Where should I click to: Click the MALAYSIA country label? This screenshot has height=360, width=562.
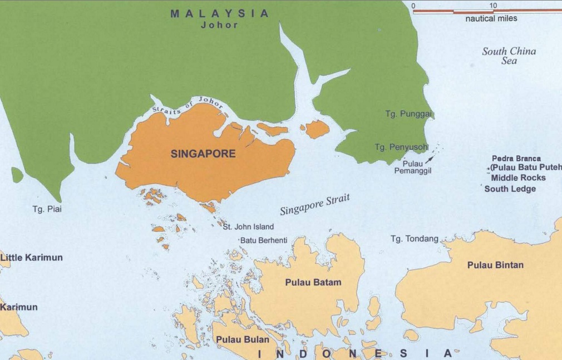[219, 13]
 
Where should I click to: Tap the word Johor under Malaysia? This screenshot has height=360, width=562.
[219, 25]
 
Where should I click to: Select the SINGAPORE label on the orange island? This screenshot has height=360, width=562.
[203, 154]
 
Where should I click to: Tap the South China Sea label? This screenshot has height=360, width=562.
[509, 56]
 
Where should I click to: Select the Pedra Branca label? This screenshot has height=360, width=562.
[516, 159]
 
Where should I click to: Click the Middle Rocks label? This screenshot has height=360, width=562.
[518, 178]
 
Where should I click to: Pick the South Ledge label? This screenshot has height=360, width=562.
[510, 189]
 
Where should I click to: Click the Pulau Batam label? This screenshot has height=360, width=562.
[313, 282]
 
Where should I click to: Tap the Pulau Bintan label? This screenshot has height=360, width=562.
[495, 265]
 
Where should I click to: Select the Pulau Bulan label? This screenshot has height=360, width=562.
[242, 339]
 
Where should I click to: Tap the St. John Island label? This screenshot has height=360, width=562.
[248, 227]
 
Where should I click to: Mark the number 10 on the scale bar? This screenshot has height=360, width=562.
[492, 6]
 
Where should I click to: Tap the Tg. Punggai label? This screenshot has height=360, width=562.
[408, 114]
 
